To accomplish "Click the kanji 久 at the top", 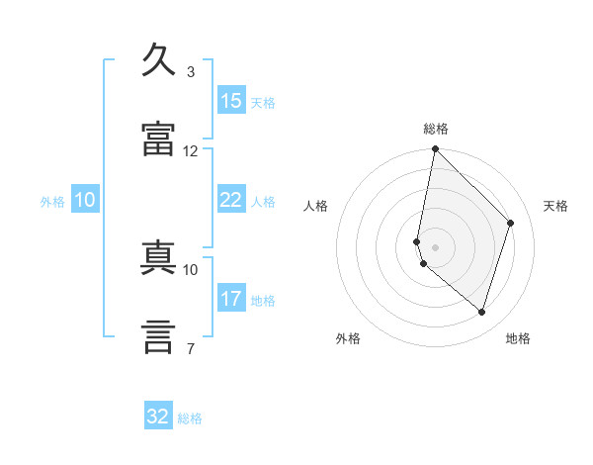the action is click(x=158, y=59).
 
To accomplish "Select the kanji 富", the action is click(x=158, y=139).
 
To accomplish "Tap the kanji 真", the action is click(x=158, y=257).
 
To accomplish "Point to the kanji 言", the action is click(x=158, y=336).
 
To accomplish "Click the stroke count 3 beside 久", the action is click(x=191, y=72).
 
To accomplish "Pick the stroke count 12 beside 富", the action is click(x=190, y=151).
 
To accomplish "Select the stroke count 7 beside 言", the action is click(x=191, y=348).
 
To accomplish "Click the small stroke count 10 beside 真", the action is click(x=190, y=270).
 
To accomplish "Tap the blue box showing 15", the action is click(x=231, y=100).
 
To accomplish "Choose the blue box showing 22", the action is click(x=231, y=199).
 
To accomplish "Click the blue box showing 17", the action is click(x=231, y=297).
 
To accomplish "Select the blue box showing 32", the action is click(x=158, y=415).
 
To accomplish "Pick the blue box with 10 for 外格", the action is click(x=85, y=199).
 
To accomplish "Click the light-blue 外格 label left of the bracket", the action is click(x=52, y=202).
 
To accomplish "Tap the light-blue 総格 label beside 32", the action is click(x=190, y=418).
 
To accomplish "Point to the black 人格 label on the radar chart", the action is click(x=315, y=206).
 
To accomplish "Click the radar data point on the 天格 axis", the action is click(x=510, y=223).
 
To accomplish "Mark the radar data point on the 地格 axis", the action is click(x=481, y=312).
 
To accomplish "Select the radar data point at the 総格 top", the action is click(x=435, y=148).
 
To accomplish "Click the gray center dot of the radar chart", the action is click(x=435, y=247).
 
